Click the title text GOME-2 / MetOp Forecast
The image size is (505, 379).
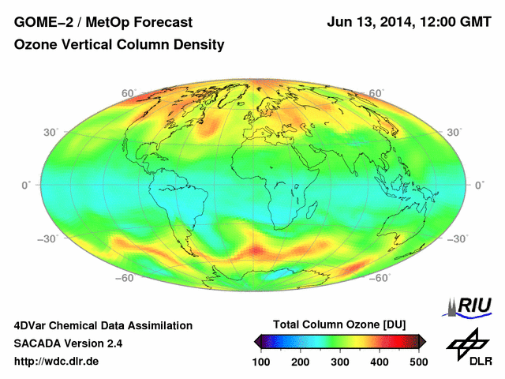click(x=98, y=22)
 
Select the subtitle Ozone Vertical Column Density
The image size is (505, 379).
click(x=119, y=45)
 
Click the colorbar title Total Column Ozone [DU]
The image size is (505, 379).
click(x=339, y=325)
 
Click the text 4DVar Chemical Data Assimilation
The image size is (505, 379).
click(x=103, y=325)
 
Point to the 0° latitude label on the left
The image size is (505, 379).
click(x=25, y=185)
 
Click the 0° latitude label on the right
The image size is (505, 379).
click(x=478, y=185)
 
